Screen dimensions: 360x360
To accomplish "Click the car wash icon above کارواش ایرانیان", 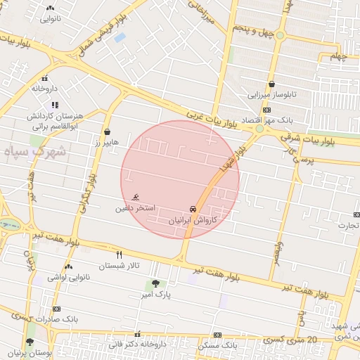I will [x=193, y=210].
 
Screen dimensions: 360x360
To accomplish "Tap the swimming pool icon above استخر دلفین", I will [x=136, y=197].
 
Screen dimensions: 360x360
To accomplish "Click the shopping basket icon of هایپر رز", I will [x=107, y=131].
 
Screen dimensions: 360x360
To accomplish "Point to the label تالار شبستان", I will [x=119, y=266].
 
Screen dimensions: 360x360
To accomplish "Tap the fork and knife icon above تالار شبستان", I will [x=119, y=255].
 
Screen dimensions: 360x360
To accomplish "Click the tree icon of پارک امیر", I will [x=155, y=283].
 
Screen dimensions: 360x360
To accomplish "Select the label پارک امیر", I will [x=156, y=293].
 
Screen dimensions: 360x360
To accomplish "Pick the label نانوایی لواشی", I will [x=68, y=278].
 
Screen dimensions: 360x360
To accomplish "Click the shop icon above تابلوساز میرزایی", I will [x=271, y=84].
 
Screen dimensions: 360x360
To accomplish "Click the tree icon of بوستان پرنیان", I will [x=30, y=342].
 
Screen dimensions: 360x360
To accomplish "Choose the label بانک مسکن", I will [x=218, y=345].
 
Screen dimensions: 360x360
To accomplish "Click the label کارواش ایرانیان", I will [x=193, y=220].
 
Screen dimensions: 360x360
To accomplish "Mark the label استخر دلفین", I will [x=136, y=209].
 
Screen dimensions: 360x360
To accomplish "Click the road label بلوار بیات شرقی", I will [x=328, y=141].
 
